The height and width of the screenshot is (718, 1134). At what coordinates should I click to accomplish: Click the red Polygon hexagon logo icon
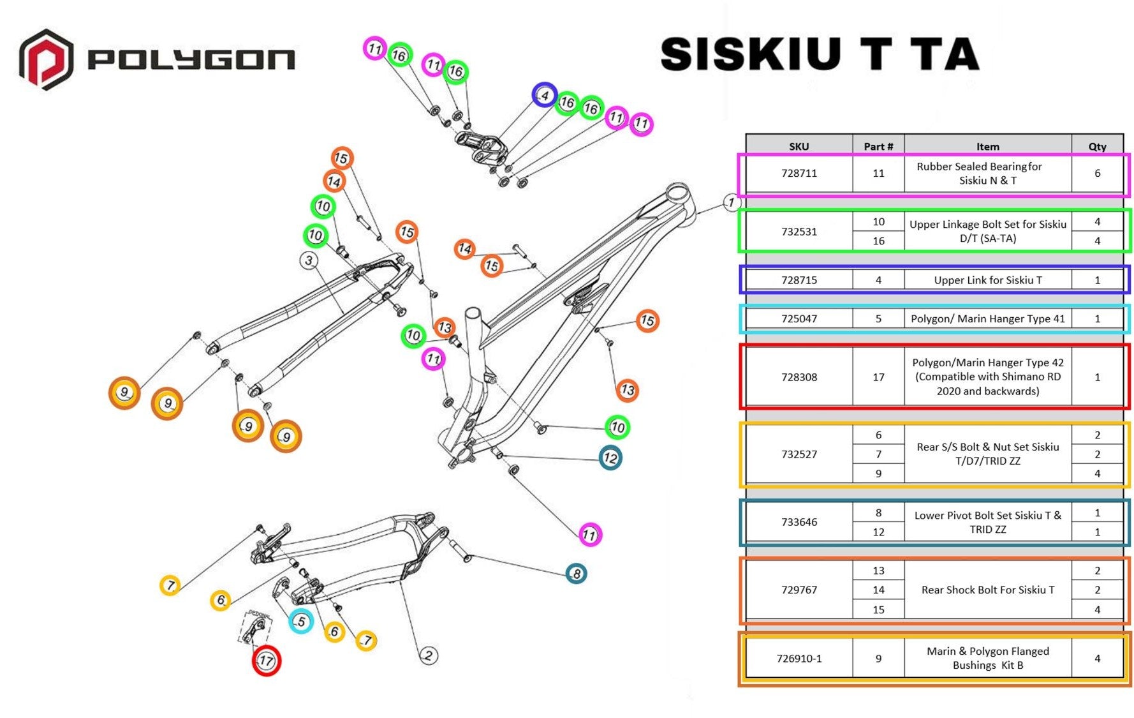pos(45,59)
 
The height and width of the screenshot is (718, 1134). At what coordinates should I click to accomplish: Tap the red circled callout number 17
pos(266,661)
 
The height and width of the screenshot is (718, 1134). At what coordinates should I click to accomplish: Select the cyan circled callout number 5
pos(301,621)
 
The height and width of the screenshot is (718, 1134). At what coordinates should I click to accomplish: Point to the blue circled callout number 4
pos(544,96)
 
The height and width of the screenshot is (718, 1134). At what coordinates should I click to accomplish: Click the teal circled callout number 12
pos(610,458)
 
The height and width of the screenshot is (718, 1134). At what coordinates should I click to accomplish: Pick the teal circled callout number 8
pos(576,573)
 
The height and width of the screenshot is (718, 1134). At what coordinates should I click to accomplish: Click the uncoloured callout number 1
pos(732,203)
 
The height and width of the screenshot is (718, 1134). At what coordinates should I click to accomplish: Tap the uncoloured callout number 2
pos(429,655)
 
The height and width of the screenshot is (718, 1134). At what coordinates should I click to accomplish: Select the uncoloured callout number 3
pos(309,260)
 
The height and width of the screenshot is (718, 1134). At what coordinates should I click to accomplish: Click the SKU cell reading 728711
pos(799,173)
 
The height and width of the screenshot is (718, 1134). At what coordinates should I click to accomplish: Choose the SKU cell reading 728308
pos(799,377)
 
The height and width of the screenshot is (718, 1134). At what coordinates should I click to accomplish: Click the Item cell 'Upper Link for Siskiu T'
pos(987,280)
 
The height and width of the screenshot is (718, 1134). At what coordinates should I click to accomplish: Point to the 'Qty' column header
pos(1097,146)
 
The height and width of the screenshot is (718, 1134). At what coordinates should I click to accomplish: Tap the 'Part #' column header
pos(878,146)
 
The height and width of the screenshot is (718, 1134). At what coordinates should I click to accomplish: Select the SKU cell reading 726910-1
pos(799,659)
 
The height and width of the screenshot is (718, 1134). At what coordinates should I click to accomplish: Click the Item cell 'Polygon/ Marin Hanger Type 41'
pos(987,318)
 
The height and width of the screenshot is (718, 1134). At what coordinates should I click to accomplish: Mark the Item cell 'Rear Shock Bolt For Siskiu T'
pos(987,590)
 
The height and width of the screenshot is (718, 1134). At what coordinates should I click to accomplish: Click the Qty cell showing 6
pos(1097,173)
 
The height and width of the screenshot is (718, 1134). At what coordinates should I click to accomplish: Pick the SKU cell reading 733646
pos(799,522)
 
